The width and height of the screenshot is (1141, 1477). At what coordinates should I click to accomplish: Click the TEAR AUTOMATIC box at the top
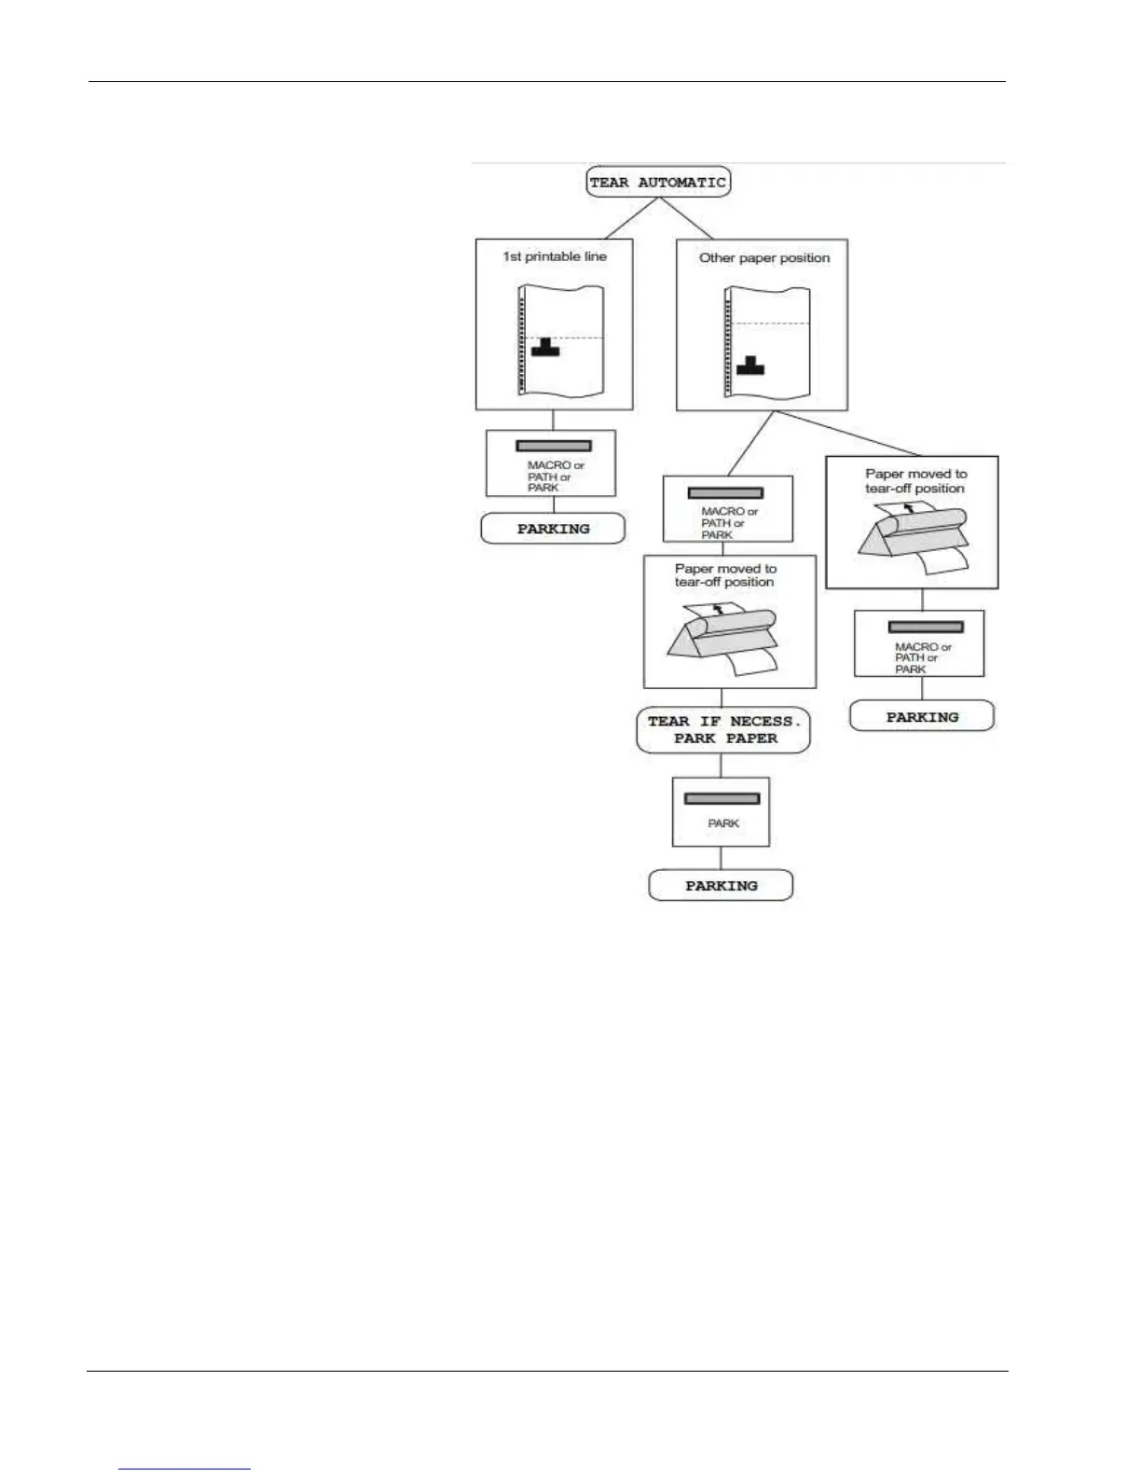click(657, 182)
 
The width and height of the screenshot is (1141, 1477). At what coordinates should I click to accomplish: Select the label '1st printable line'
click(555, 256)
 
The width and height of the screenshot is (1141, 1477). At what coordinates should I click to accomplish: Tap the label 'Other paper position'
click(764, 258)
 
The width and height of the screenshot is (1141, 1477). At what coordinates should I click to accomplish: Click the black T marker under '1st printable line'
click(545, 348)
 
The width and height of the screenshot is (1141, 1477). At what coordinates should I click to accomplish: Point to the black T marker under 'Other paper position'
click(750, 366)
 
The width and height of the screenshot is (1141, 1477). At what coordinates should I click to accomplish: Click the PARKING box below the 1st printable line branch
click(553, 529)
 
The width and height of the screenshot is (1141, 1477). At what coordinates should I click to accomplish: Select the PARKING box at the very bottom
click(721, 886)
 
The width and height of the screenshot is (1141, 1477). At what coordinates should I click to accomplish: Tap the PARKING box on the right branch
click(922, 717)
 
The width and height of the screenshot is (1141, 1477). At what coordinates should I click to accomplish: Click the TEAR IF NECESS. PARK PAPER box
click(723, 730)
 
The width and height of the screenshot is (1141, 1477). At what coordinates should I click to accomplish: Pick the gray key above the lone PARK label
click(722, 798)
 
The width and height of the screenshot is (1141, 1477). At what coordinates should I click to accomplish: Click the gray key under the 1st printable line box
click(554, 446)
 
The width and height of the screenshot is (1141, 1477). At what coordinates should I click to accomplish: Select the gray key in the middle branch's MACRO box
click(725, 492)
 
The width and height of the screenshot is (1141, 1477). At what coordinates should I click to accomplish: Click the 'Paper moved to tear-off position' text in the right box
click(915, 481)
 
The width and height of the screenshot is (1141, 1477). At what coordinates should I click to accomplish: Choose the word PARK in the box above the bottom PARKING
click(723, 823)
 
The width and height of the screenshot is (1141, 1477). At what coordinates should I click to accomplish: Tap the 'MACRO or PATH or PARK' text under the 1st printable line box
click(556, 476)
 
